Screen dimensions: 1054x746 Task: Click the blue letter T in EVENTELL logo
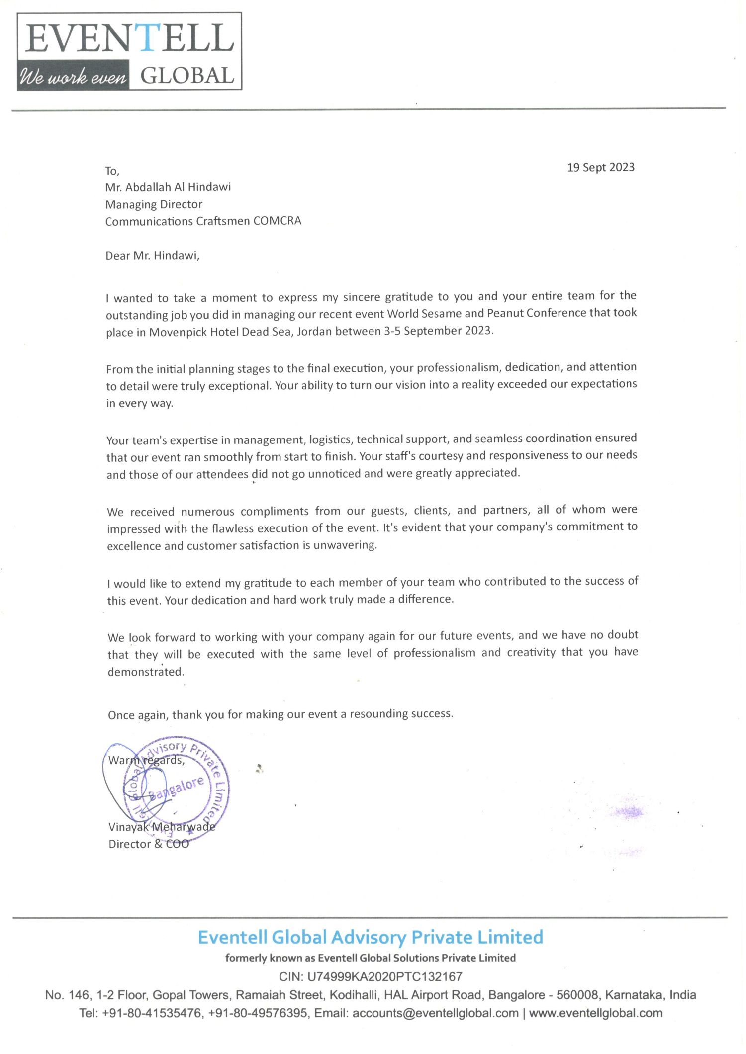click(147, 38)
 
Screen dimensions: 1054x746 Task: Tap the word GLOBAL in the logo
click(187, 76)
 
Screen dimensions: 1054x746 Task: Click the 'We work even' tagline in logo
click(73, 77)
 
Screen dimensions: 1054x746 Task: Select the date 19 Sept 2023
click(601, 167)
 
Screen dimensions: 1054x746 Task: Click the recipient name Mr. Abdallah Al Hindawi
click(168, 187)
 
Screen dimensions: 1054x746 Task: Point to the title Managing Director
click(154, 204)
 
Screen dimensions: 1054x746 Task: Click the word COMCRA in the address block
click(277, 221)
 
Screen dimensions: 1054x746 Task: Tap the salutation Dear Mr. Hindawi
click(152, 256)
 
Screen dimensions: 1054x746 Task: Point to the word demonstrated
click(146, 672)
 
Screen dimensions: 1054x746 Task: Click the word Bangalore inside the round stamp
click(178, 788)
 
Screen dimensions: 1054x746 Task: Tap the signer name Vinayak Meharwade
click(162, 827)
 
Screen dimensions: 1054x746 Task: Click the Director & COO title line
click(149, 844)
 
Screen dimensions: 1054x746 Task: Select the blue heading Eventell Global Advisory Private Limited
click(370, 937)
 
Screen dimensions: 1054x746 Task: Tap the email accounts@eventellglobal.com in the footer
click(435, 1013)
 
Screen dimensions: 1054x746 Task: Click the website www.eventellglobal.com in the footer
click(595, 1013)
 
